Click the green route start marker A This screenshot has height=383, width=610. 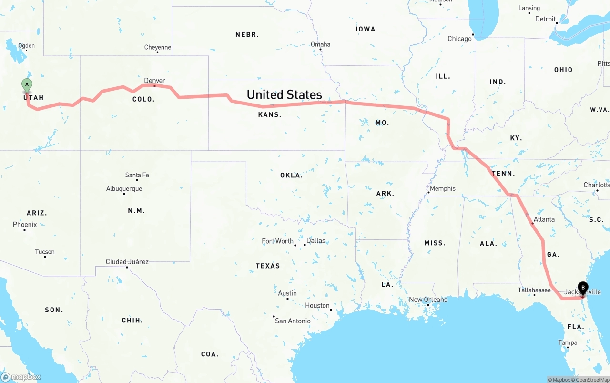click(x=27, y=85)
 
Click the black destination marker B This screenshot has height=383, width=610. click(x=582, y=287)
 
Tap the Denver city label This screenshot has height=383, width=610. click(x=155, y=81)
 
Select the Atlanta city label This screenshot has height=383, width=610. click(x=544, y=219)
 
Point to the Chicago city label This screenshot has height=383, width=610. click(x=459, y=39)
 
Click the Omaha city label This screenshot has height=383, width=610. click(x=320, y=44)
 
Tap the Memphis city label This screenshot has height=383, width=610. click(x=442, y=188)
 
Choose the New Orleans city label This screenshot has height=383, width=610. click(x=428, y=300)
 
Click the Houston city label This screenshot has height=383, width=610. click(x=317, y=305)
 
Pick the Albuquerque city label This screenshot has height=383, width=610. click(x=124, y=189)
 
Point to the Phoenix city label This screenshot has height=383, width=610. click(x=25, y=225)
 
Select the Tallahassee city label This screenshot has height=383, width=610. click(x=534, y=290)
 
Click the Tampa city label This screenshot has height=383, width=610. click(x=568, y=342)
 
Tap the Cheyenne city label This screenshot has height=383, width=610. click(x=158, y=47)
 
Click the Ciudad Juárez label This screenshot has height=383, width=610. click(x=127, y=262)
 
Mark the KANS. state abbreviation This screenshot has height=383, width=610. click(x=270, y=114)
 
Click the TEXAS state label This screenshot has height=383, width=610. click(x=268, y=266)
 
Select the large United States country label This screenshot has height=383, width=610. click(x=285, y=94)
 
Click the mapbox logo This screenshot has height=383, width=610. click(x=21, y=377)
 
